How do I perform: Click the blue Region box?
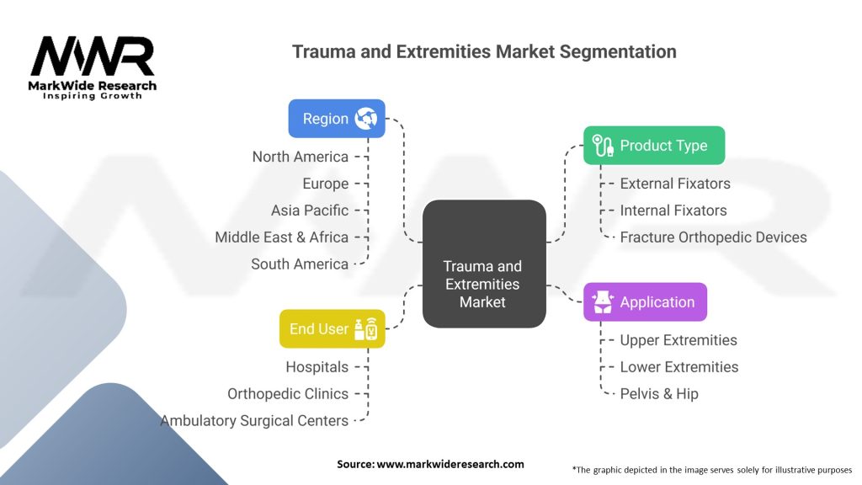tap(337, 119)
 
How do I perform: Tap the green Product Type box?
tap(653, 146)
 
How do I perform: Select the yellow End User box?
tap(332, 329)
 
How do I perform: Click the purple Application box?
tap(645, 302)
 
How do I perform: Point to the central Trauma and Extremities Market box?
tap(483, 264)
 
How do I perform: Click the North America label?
tap(300, 157)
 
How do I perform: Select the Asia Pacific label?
tap(309, 211)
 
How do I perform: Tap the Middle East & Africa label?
tap(281, 237)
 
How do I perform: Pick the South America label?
tap(300, 264)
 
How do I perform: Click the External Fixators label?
tap(675, 184)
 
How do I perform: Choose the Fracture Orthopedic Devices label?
tap(713, 237)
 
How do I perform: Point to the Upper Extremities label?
tap(678, 340)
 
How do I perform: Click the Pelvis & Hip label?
tap(659, 394)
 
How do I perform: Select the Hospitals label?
tap(317, 367)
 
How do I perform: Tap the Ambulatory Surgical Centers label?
tap(254, 421)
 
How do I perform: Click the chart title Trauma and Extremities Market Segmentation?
tap(484, 51)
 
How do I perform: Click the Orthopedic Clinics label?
tap(288, 394)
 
